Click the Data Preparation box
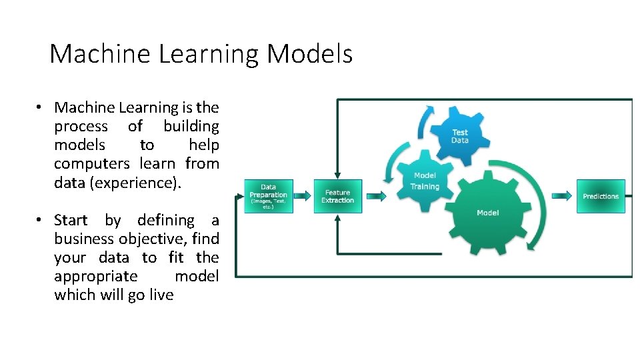click(268, 196)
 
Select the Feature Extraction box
click(337, 196)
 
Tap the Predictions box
click(601, 196)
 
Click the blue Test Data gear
click(460, 136)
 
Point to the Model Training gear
click(425, 181)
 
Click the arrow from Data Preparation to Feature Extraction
click(303, 196)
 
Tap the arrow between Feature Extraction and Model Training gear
click(376, 196)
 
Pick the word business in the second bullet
click(85, 239)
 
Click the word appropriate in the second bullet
click(96, 276)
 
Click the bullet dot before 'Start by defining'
click(40, 220)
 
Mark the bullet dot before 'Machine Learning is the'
click(40, 107)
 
